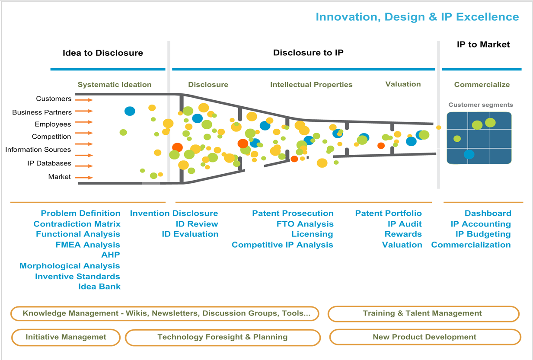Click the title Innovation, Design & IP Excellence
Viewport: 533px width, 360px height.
click(x=417, y=17)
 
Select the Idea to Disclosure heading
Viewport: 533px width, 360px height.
click(x=102, y=53)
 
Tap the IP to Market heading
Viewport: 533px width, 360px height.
click(x=483, y=45)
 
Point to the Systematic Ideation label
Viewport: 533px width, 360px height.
click(x=115, y=85)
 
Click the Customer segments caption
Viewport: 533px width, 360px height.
click(x=480, y=105)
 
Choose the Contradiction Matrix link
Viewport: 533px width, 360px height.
click(x=77, y=224)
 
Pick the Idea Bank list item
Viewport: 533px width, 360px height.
click(x=99, y=287)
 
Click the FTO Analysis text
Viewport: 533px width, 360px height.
click(x=305, y=224)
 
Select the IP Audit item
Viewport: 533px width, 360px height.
click(x=404, y=224)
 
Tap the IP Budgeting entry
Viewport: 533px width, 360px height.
click(x=483, y=234)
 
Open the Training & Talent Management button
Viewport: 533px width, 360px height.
click(x=423, y=314)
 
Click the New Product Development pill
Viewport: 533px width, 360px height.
click(x=424, y=337)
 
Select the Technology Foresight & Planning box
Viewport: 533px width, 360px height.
click(x=222, y=337)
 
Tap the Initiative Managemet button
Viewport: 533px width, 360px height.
click(x=66, y=337)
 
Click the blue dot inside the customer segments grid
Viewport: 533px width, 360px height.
click(x=469, y=154)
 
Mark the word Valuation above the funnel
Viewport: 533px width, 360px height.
click(x=403, y=84)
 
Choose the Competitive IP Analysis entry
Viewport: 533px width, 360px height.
click(x=282, y=245)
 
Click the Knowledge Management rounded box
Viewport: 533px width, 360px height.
click(x=164, y=314)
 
